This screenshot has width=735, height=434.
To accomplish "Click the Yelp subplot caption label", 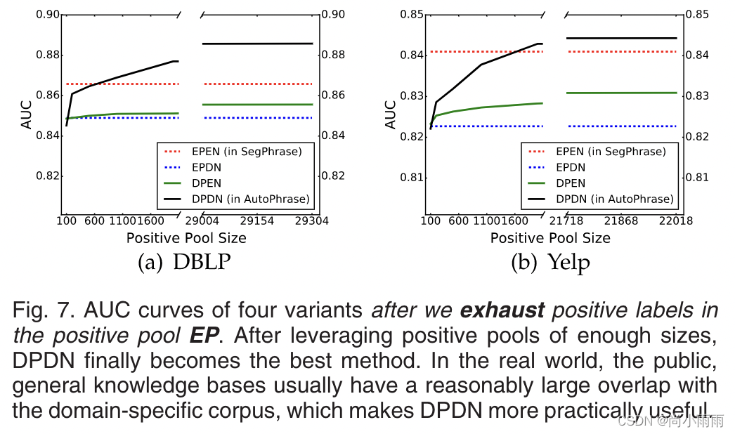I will tap(549, 263).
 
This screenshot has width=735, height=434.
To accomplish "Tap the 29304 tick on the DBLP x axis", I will tap(312, 221).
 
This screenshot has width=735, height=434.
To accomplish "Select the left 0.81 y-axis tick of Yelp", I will tap(413, 177).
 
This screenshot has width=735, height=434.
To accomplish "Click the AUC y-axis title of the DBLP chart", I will tap(27, 115).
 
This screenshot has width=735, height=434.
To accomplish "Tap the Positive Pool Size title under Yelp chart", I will tap(550, 238).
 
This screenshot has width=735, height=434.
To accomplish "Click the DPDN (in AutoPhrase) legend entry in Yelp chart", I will tap(613, 199).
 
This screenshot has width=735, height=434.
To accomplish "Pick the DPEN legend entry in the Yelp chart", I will tap(572, 183).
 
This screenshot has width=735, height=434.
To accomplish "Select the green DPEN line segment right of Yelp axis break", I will tap(622, 93).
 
